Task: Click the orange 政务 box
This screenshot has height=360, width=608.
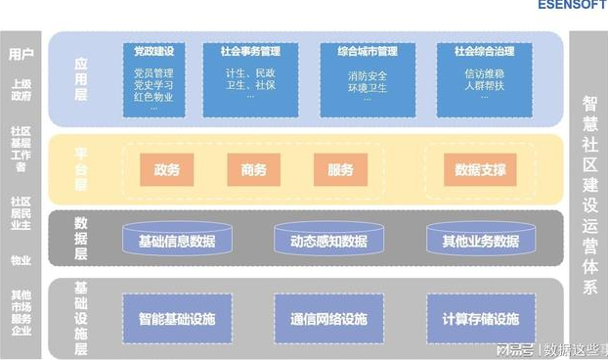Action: (166, 170)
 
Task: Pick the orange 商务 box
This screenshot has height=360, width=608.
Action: (253, 170)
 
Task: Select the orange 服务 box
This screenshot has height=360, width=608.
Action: (340, 170)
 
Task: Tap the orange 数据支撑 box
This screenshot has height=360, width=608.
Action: (481, 170)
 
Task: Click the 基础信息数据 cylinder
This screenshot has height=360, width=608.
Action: (177, 241)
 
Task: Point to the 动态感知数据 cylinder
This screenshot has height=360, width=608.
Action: (328, 241)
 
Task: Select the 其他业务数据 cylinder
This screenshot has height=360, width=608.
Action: (480, 241)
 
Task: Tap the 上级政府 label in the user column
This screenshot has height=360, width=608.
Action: (21, 90)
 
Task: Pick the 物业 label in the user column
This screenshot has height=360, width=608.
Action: (21, 260)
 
